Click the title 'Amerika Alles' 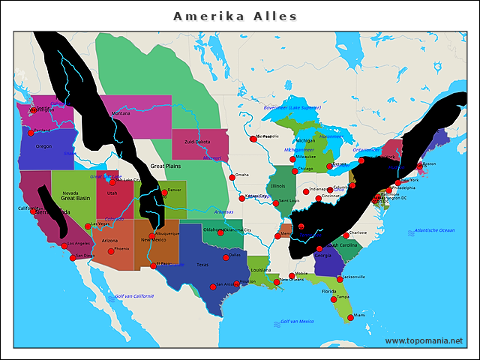[235, 16]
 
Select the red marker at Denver [164, 193]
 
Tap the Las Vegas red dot [88, 226]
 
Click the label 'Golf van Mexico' [297, 322]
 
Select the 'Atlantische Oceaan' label [434, 230]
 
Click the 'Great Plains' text [166, 166]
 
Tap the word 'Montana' [121, 113]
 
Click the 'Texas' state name [202, 265]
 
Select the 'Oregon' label [43, 146]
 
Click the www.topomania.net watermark [424, 340]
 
